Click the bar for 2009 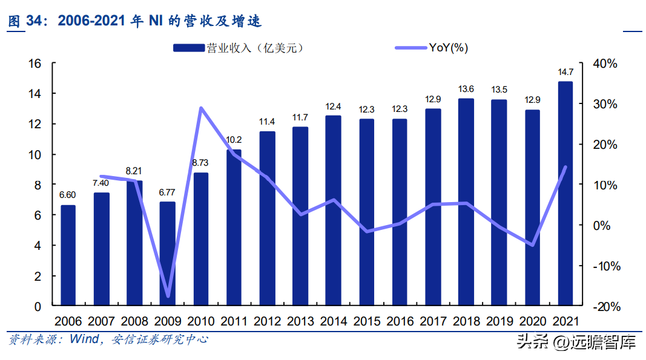click(x=168, y=254)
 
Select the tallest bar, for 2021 click(x=565, y=194)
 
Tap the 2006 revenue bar click(x=68, y=256)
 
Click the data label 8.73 click(x=200, y=163)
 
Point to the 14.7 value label click(x=565, y=73)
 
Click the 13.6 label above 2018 click(x=466, y=90)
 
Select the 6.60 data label click(x=68, y=195)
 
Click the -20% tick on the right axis click(x=604, y=306)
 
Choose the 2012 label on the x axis click(x=266, y=321)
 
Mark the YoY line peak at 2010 click(x=201, y=108)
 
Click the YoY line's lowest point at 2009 click(x=168, y=296)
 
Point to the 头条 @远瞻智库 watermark click(x=575, y=343)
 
